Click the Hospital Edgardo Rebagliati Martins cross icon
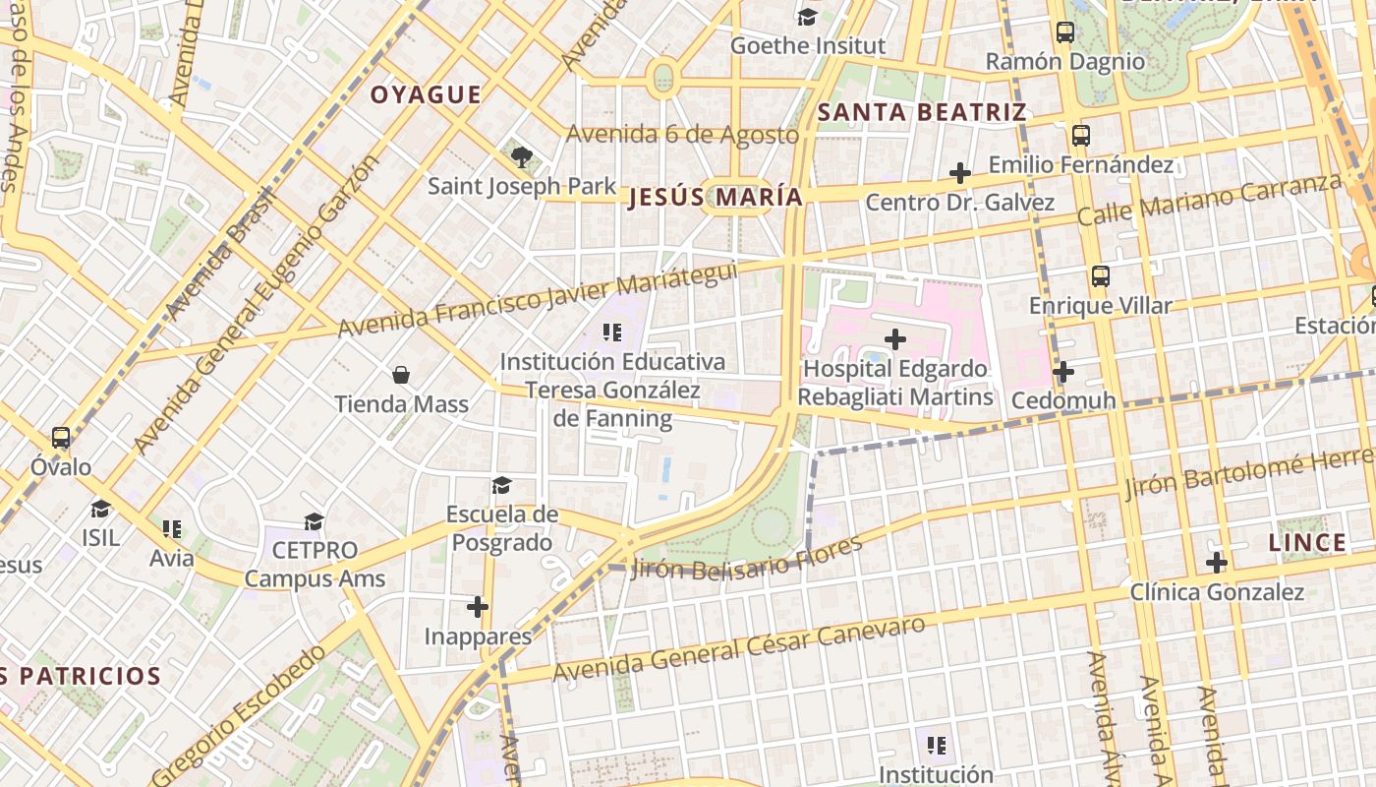(894, 339)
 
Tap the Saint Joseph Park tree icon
(522, 156)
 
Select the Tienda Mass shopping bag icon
(401, 375)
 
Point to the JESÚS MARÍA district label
(716, 198)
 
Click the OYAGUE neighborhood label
(426, 95)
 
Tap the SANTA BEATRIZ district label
(922, 112)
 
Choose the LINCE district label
(1307, 542)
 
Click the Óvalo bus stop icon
(61, 438)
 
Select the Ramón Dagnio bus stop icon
(1064, 32)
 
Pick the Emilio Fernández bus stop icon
(1081, 136)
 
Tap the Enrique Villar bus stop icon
(1100, 276)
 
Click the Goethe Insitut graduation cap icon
(807, 17)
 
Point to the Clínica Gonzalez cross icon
(1217, 563)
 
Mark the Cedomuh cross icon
(1062, 372)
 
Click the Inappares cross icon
(478, 607)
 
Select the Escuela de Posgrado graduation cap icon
(502, 485)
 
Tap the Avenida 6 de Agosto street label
(682, 134)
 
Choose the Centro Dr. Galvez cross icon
(959, 174)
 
